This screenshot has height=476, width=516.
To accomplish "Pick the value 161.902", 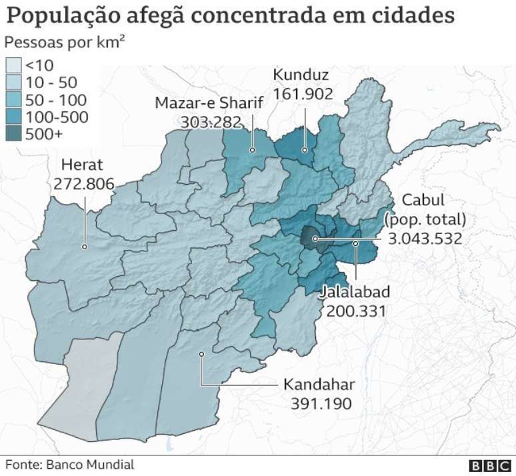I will (x=303, y=94).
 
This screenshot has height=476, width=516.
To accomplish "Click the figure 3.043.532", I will (x=425, y=238).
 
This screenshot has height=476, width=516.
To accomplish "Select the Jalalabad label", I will (x=354, y=292).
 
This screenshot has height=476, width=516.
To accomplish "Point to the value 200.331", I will (x=356, y=311).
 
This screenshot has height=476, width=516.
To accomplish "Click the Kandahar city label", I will (x=319, y=385).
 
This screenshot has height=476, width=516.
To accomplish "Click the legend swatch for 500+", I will (x=14, y=135).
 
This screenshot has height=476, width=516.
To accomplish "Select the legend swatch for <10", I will (x=14, y=65).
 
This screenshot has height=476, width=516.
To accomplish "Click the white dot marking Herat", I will (x=85, y=247).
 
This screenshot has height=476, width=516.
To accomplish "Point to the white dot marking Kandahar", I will (x=200, y=354).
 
